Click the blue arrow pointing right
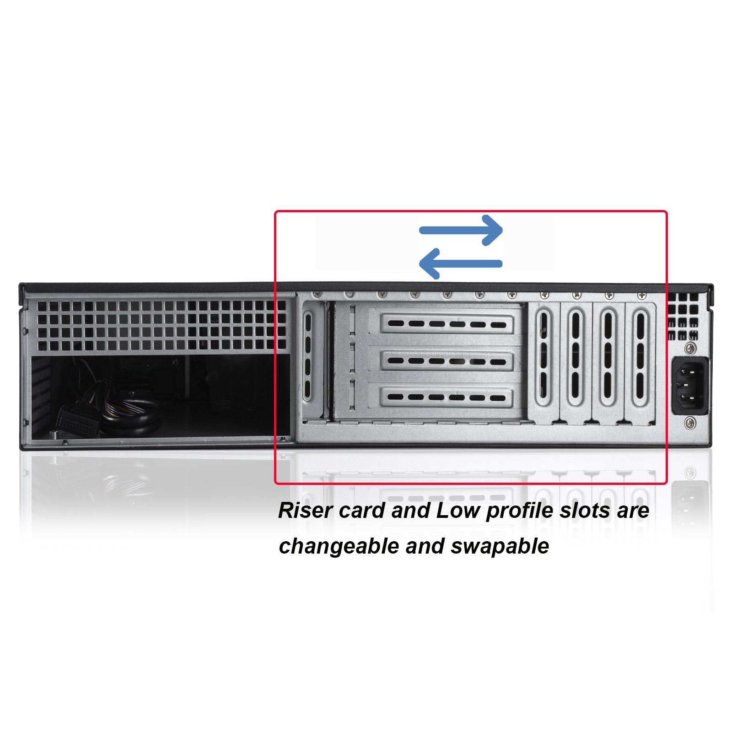click(461, 230)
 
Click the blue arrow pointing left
click(461, 264)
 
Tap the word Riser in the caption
click(305, 511)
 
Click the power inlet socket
click(690, 386)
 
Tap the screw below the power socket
click(690, 423)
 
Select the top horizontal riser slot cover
click(447, 324)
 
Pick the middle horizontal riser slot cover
click(447, 361)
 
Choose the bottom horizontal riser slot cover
click(447, 397)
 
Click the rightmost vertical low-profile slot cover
click(640, 359)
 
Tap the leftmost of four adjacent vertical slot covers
click(544, 359)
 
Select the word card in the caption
click(362, 511)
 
